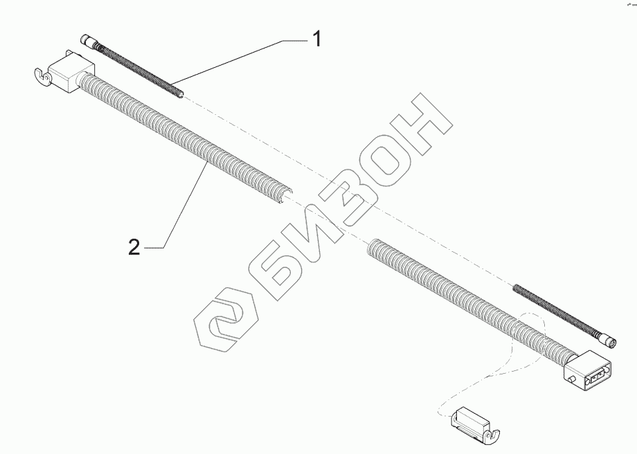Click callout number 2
pos(134,247)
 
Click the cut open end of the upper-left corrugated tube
pos(283,196)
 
